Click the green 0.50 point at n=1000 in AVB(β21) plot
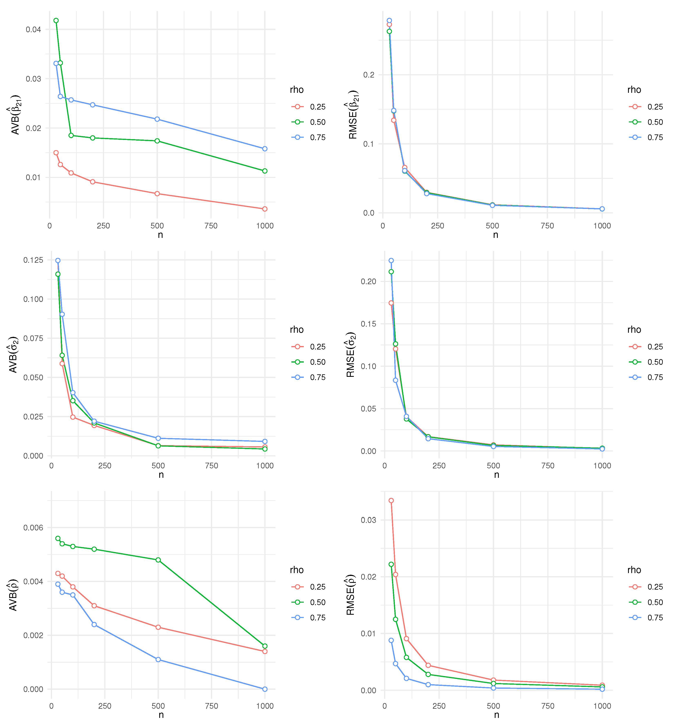265,171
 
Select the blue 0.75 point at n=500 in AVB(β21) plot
157,119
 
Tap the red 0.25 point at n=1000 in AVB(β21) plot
265,209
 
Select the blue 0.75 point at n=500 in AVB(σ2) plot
158,438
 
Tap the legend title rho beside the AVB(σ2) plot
297,329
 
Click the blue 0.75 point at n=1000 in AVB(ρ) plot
265,689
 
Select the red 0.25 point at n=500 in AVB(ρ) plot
158,627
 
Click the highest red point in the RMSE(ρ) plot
391,500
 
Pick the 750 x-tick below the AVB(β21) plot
211,226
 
